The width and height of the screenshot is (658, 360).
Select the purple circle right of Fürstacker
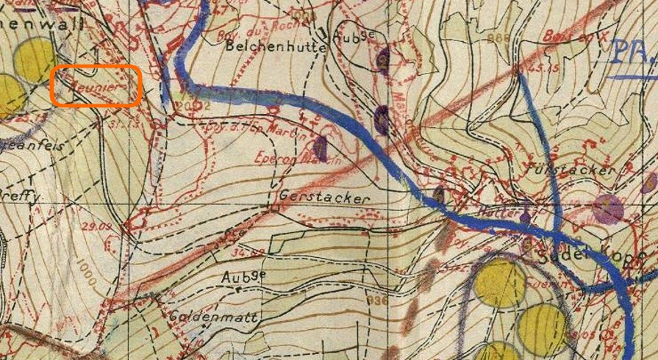click(608, 209)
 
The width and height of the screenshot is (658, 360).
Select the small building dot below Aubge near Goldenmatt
click(240, 289)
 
